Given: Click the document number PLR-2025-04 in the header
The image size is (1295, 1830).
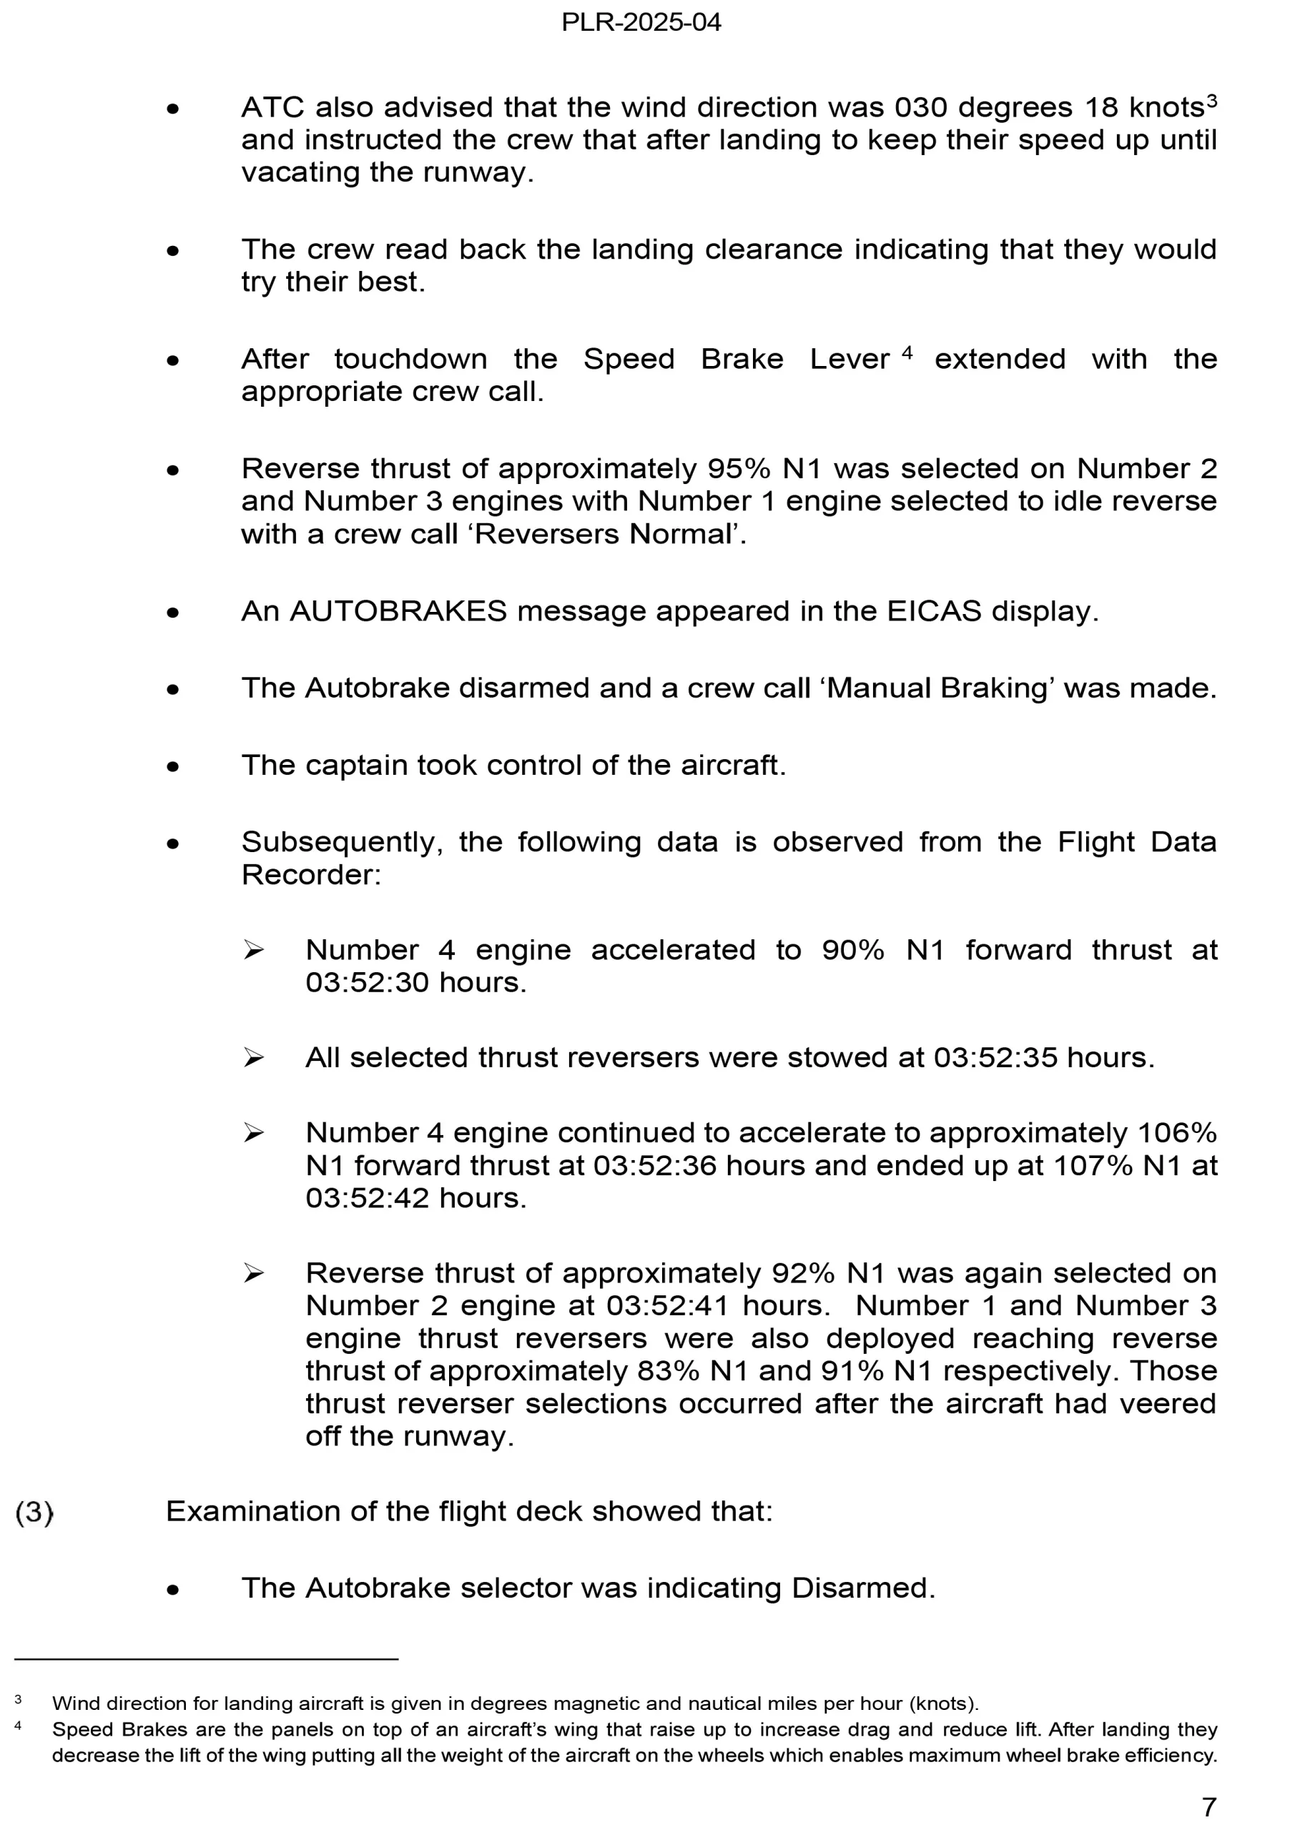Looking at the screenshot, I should point(641,22).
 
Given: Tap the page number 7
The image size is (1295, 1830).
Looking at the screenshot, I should point(1209,1806).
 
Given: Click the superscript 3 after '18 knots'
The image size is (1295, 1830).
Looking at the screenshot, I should point(1211,100).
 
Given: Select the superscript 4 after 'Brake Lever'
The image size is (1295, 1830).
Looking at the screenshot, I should point(907,352).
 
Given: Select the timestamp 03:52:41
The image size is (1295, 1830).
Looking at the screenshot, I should point(668,1305).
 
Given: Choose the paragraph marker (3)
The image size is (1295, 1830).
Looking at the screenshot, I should point(34,1512).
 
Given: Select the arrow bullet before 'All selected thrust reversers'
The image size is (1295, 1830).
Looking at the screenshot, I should point(254,1058).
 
